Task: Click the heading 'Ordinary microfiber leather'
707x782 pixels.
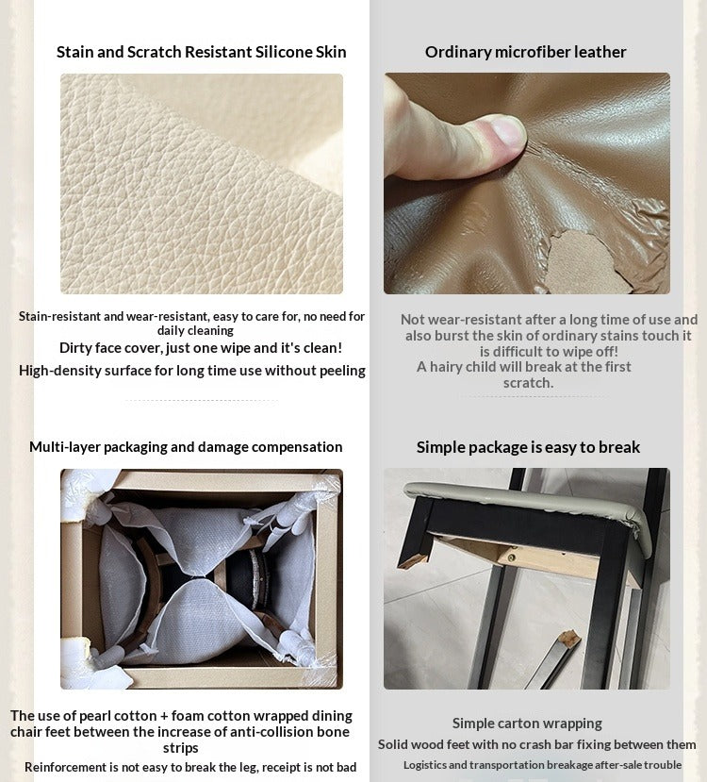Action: click(x=526, y=52)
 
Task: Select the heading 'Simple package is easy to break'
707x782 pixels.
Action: click(x=528, y=447)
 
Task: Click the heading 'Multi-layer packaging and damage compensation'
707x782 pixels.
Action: click(x=186, y=447)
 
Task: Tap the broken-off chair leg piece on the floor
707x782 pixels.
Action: click(x=553, y=658)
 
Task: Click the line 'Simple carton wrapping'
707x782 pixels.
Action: click(x=527, y=724)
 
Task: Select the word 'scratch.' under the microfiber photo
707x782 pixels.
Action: click(x=528, y=383)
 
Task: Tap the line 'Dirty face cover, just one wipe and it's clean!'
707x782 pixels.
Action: click(x=201, y=348)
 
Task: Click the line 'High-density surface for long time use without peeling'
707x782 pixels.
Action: click(x=191, y=371)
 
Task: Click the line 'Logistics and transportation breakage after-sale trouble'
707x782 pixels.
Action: click(x=543, y=764)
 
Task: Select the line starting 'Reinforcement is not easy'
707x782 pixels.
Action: click(x=190, y=767)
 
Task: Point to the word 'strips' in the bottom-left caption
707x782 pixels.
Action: click(x=180, y=748)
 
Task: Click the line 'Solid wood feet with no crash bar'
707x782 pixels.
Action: click(x=537, y=744)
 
